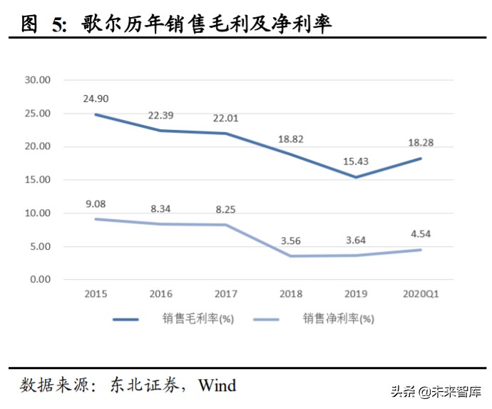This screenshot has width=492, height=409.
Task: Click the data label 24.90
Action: pos(96,99)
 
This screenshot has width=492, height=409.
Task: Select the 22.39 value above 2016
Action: pos(160,115)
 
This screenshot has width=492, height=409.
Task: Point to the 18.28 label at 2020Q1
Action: pos(420,143)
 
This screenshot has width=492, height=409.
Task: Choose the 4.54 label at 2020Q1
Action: pos(420,233)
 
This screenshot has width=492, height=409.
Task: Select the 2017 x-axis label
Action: pos(225,293)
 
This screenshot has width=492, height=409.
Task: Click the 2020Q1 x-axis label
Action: pos(420,293)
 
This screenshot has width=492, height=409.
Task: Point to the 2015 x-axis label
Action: pos(96,293)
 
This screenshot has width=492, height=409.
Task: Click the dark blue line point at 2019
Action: pos(355,177)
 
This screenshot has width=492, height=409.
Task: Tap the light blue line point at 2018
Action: pos(290,256)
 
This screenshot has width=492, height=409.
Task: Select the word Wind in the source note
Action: pos(217,385)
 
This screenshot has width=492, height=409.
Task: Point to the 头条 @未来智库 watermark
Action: pos(436,392)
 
